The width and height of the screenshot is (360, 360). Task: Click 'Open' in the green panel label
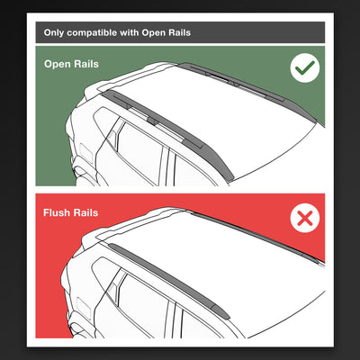click(59, 65)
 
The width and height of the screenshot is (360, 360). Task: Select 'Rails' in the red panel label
click(94, 213)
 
